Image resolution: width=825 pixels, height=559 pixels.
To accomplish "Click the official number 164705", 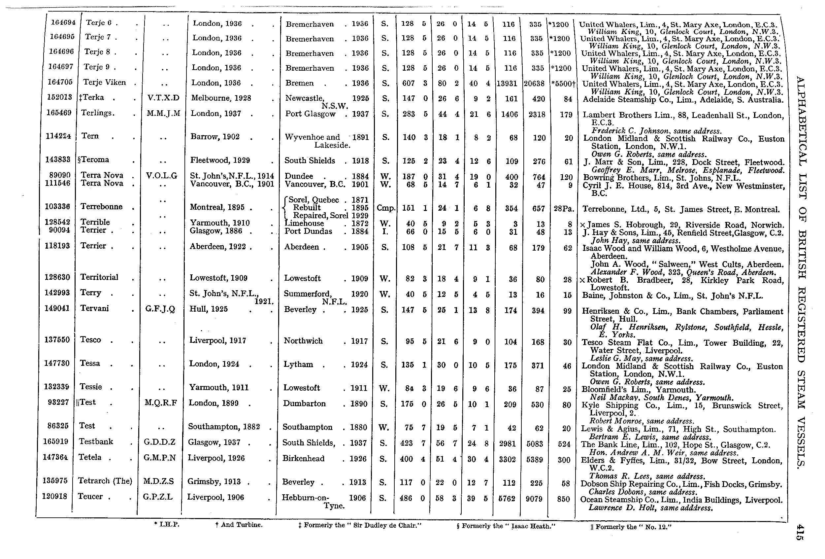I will coord(60,82).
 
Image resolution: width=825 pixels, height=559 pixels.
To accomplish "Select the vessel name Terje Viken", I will coord(104,83).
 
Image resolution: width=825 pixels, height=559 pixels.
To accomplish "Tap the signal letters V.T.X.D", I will coord(163,98).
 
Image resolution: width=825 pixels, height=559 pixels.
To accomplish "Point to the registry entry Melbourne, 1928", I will coord(221,98).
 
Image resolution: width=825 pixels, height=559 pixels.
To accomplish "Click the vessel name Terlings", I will coord(98,113).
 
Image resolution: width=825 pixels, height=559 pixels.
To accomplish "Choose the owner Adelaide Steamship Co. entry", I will coord(683,100).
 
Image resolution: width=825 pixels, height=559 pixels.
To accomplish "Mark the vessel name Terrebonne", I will coord(101,206).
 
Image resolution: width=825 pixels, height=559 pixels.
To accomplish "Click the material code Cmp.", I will coord(386,208).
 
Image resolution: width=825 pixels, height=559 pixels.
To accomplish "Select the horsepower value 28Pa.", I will coord(564,209).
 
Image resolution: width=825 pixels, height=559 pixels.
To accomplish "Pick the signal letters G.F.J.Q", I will coord(160,309).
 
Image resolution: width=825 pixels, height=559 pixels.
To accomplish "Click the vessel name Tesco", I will coord(90,339).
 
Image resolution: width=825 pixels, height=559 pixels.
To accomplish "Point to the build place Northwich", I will coord(303,341).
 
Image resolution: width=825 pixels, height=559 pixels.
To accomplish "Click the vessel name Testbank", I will coord(96,441).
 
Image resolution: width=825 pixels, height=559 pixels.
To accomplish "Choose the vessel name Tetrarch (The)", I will coord(105,481).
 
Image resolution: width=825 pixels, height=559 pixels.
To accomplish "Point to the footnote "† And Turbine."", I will coord(239,525).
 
